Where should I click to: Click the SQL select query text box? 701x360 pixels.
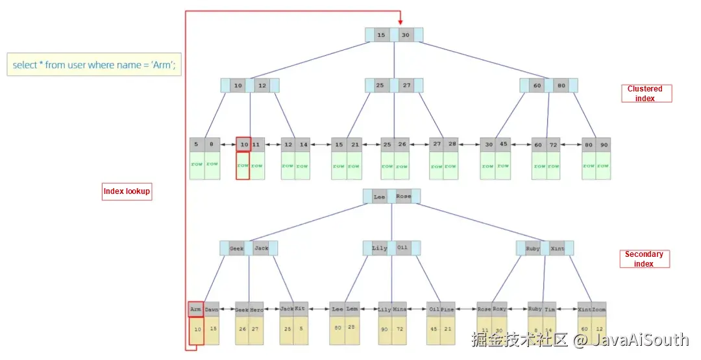pyautogui.click(x=95, y=65)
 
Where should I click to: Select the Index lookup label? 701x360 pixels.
pyautogui.click(x=127, y=191)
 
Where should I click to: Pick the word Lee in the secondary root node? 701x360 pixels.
pyautogui.click(x=379, y=197)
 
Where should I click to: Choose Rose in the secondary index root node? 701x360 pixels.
pyautogui.click(x=404, y=197)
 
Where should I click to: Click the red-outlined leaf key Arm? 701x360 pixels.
pyautogui.click(x=195, y=309)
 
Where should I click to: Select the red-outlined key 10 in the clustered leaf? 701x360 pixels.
pyautogui.click(x=243, y=145)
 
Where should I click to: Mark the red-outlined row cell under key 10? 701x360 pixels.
pyautogui.click(x=243, y=166)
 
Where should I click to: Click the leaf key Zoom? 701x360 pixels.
pyautogui.click(x=598, y=309)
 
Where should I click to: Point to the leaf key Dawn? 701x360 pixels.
pyautogui.click(x=211, y=309)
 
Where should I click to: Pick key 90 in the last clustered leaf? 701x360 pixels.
pyautogui.click(x=604, y=145)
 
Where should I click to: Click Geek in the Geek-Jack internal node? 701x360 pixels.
pyautogui.click(x=237, y=248)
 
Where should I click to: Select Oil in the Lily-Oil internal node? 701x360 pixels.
pyautogui.click(x=403, y=248)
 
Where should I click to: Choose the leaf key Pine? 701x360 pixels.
pyautogui.click(x=448, y=309)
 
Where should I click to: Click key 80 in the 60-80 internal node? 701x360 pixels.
pyautogui.click(x=561, y=86)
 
